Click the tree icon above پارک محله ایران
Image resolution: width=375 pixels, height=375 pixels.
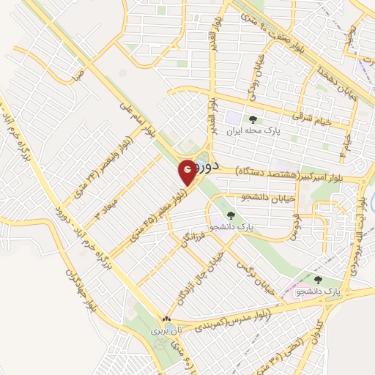[253, 119]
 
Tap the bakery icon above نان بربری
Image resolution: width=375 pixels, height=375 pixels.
[168, 319]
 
